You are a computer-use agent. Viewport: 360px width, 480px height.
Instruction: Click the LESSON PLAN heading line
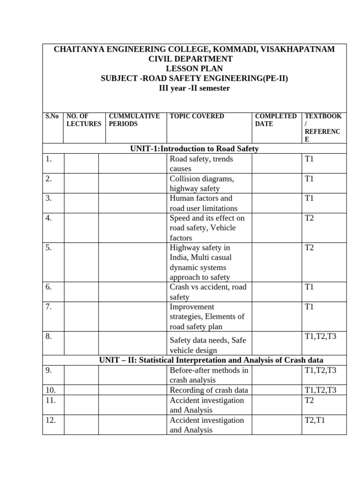[194, 68]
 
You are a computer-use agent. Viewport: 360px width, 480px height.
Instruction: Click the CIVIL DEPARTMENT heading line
[194, 59]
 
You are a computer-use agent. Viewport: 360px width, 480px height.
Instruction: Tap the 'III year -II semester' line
[194, 88]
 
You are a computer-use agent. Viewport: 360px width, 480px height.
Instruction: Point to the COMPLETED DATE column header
[275, 120]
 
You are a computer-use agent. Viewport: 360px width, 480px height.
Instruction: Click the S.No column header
[52, 116]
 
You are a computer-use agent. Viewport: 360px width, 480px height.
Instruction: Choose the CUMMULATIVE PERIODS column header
[134, 120]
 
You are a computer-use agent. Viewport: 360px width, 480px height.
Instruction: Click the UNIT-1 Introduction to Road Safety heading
[194, 149]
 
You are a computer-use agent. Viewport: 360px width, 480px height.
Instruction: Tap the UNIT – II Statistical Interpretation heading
[211, 360]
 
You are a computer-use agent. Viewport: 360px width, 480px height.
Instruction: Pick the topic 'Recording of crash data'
[209, 390]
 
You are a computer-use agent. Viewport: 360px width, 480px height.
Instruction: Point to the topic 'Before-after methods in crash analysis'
[209, 375]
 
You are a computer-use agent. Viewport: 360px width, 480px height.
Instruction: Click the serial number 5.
[49, 247]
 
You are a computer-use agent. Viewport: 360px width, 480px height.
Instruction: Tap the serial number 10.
[51, 390]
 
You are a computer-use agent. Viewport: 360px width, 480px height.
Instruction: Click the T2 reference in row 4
[309, 218]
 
